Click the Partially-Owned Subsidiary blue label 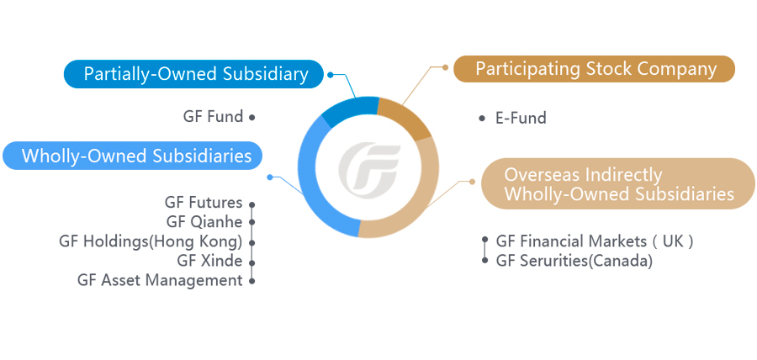click(x=193, y=74)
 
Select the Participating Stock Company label click(x=594, y=69)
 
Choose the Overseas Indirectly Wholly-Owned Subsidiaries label click(x=618, y=184)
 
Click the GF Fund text click(x=213, y=117)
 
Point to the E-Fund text click(x=521, y=119)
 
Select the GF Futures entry click(x=204, y=203)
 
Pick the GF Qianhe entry click(x=204, y=222)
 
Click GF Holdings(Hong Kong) click(x=151, y=241)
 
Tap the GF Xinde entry click(x=209, y=261)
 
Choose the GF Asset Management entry click(x=160, y=280)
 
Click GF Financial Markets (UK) click(x=595, y=241)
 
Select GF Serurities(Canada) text click(x=574, y=261)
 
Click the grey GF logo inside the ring click(x=369, y=167)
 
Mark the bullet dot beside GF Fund click(x=251, y=117)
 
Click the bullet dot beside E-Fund click(x=482, y=119)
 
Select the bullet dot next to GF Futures click(x=251, y=204)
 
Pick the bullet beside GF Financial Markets click(x=485, y=240)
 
